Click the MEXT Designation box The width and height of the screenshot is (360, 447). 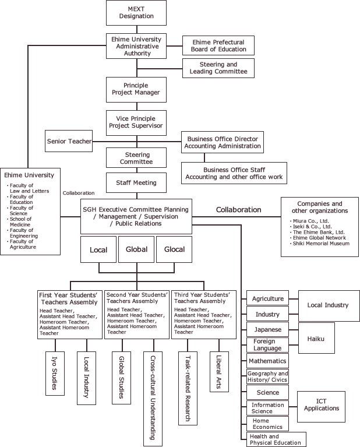click(x=136, y=13)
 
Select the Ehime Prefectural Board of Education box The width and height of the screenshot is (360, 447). click(x=218, y=45)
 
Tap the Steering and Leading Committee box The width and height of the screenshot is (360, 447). click(x=218, y=68)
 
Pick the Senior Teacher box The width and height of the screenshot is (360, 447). click(x=69, y=141)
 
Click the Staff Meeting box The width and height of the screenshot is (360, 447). click(x=136, y=183)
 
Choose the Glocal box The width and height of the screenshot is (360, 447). click(x=174, y=249)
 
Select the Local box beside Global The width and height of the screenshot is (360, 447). click(x=98, y=249)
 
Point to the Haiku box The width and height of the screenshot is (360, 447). click(x=316, y=338)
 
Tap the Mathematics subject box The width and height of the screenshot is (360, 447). click(x=267, y=361)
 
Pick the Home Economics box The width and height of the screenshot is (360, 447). click(x=267, y=424)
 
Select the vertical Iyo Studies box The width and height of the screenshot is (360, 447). click(x=55, y=374)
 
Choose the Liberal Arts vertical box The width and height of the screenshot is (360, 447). click(x=219, y=372)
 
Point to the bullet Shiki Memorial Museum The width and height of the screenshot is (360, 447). click(x=320, y=244)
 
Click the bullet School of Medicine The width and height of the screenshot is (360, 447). click(x=19, y=222)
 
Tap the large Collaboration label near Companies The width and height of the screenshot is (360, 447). click(x=239, y=210)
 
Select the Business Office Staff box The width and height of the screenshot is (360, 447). click(x=234, y=173)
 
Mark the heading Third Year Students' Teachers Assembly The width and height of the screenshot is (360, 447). click(x=202, y=298)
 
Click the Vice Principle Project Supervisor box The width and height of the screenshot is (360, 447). click(x=136, y=123)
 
